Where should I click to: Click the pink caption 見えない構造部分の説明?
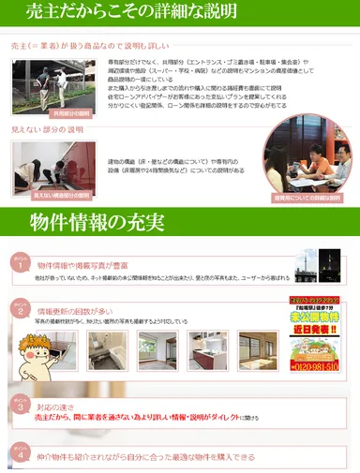[x=61, y=196]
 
